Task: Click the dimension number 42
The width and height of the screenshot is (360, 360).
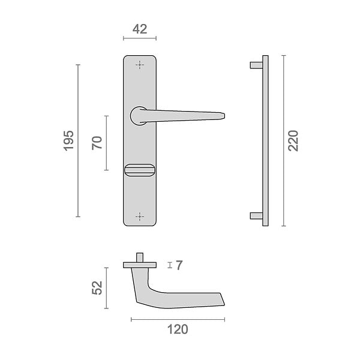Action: [x=140, y=29]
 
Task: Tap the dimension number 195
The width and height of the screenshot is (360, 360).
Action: [x=68, y=141]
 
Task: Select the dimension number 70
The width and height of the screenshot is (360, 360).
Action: [x=97, y=143]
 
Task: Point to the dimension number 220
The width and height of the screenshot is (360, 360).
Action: [x=293, y=141]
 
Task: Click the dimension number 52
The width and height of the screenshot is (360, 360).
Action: [x=97, y=287]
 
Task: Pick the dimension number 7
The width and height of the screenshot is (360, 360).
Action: [x=179, y=265]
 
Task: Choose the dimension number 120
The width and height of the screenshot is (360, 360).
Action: [x=178, y=329]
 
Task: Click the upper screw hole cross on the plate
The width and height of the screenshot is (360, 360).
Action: [x=140, y=65]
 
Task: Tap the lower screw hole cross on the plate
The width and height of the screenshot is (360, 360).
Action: [x=140, y=217]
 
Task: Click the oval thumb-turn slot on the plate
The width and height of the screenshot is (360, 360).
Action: [x=140, y=170]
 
